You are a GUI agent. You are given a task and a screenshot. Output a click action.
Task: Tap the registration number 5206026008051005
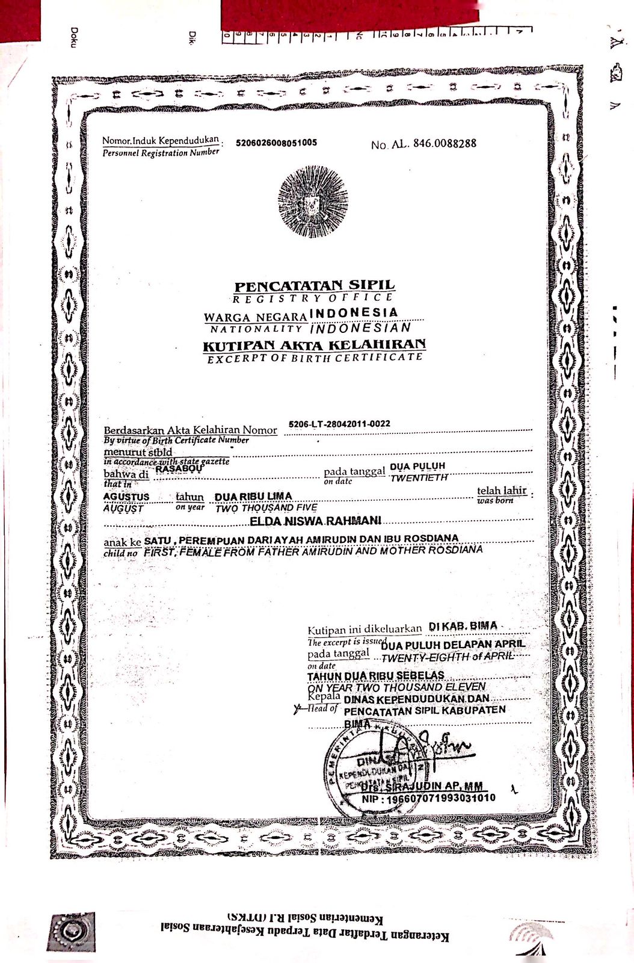click(276, 143)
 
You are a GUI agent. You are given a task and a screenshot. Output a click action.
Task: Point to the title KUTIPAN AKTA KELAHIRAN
click(314, 345)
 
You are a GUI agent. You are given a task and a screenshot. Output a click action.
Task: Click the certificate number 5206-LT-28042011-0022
click(339, 424)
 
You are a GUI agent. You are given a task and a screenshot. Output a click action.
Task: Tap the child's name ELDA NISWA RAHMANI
click(315, 520)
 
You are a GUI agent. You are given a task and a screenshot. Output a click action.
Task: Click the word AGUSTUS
click(126, 497)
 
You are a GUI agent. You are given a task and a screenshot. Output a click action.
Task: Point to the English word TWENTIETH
click(419, 478)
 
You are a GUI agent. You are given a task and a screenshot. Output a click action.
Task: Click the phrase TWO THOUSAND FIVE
click(266, 508)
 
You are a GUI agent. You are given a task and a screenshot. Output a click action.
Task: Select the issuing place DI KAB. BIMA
click(463, 627)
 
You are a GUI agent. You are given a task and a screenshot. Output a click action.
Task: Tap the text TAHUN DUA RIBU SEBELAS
click(376, 676)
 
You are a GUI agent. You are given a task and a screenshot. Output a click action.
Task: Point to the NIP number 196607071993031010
click(428, 799)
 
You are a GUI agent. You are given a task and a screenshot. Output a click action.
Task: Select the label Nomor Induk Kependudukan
click(160, 141)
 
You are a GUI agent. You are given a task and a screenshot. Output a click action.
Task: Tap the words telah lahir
click(501, 491)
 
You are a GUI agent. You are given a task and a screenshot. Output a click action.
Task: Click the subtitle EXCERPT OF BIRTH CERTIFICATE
click(315, 358)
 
